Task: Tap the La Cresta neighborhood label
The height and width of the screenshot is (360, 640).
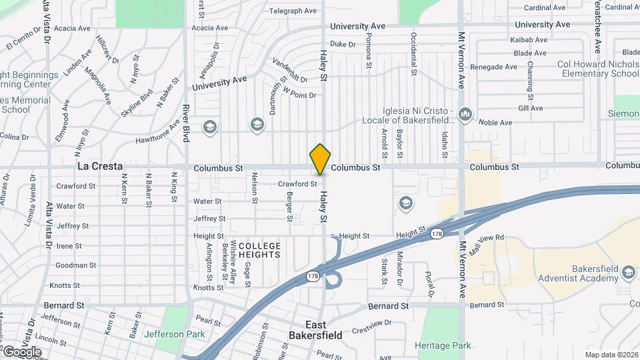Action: (100, 166)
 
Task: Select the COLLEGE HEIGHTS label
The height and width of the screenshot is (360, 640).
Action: (255, 251)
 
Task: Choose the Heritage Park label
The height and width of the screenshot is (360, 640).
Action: (443, 345)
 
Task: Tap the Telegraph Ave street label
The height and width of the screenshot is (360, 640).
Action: (293, 11)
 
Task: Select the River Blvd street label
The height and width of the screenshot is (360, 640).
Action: (186, 123)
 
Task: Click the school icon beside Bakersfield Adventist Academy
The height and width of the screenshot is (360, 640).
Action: (627, 272)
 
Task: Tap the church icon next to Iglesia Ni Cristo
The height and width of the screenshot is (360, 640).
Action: (465, 115)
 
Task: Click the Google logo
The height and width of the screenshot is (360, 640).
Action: (21, 351)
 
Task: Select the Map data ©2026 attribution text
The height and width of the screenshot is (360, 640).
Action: (611, 355)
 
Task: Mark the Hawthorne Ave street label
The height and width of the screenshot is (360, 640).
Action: (157, 131)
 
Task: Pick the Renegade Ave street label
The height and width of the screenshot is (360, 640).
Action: (493, 67)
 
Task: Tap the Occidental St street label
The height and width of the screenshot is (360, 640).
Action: (414, 53)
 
